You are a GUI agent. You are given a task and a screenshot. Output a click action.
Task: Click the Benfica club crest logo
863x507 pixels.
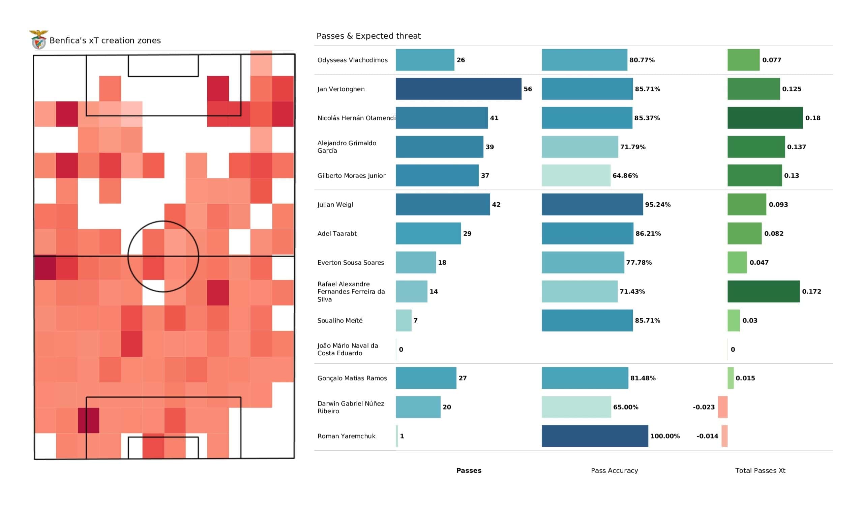click(x=38, y=40)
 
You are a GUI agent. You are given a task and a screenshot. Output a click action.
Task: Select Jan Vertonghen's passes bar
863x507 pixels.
click(x=458, y=89)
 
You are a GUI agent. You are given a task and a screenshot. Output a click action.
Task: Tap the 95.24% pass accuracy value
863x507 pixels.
click(x=658, y=205)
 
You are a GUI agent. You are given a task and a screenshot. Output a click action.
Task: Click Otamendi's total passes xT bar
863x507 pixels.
click(x=765, y=118)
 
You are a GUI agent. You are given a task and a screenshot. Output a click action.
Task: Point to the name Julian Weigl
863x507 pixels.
click(x=335, y=205)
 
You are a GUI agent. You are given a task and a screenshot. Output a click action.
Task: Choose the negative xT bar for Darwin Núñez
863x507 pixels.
click(x=722, y=407)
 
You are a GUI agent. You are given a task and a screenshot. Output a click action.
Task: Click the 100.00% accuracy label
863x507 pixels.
click(x=665, y=436)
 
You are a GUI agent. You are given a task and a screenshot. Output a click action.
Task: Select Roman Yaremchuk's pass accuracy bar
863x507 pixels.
click(x=595, y=436)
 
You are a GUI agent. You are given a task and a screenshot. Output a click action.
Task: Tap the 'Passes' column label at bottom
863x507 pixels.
click(x=469, y=471)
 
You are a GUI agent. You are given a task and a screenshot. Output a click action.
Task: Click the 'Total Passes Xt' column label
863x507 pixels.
click(x=760, y=471)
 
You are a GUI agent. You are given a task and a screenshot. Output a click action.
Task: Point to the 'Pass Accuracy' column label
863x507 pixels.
click(x=614, y=471)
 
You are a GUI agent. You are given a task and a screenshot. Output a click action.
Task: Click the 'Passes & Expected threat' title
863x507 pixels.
click(x=368, y=36)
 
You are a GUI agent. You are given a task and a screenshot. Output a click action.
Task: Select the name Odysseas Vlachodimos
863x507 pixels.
click(x=352, y=60)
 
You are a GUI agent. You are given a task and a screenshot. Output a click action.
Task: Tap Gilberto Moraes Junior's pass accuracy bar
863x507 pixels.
click(x=576, y=175)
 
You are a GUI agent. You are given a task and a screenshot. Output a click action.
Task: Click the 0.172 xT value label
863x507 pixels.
click(x=811, y=292)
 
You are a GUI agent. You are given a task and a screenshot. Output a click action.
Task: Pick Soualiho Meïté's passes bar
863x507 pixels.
click(x=404, y=320)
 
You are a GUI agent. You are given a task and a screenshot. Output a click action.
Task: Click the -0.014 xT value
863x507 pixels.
click(x=707, y=436)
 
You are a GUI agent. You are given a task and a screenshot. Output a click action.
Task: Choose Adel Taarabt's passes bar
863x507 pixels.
click(x=428, y=233)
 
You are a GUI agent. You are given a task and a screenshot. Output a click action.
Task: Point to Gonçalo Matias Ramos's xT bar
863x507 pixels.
click(x=731, y=378)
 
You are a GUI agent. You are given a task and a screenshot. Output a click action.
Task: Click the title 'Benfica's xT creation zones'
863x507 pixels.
click(x=105, y=40)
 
